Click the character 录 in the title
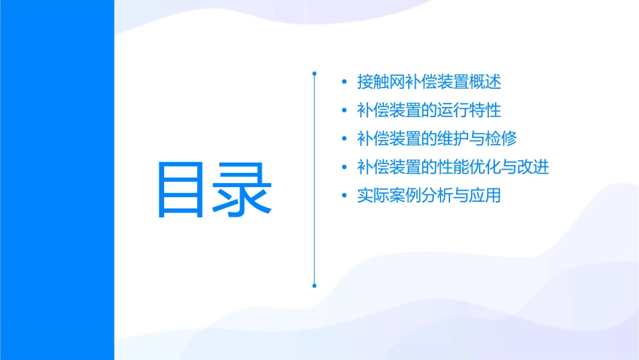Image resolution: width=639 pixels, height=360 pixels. click(243, 189)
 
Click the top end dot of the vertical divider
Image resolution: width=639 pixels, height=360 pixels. click(314, 72)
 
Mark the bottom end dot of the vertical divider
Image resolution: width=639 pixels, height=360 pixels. click(314, 286)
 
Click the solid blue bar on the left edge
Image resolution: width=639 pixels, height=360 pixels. click(57, 180)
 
